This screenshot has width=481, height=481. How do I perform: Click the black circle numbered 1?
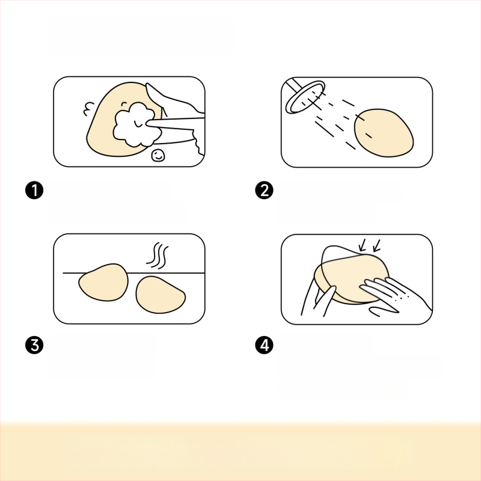pos(34,190)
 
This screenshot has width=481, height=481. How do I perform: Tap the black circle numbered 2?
pos(264,190)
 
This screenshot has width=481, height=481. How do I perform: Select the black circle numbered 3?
pos(34,345)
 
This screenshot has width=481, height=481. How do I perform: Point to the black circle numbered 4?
pos(264,345)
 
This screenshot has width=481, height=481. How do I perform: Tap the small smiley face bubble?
pos(158,156)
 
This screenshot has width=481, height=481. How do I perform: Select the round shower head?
pos(305,97)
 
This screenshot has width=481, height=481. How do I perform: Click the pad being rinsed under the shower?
pos(384,133)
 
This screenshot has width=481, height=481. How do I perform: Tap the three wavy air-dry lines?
pos(158,255)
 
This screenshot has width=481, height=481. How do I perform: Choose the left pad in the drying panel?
pos(103,282)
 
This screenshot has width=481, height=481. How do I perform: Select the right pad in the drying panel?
pos(160,295)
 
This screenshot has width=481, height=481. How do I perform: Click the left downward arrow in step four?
pos(363,246)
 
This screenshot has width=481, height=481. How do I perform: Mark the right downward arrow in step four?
pos(376,246)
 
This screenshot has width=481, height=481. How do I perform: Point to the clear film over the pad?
pos(353,270)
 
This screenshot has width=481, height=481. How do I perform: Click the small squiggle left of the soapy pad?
pos(88,109)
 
